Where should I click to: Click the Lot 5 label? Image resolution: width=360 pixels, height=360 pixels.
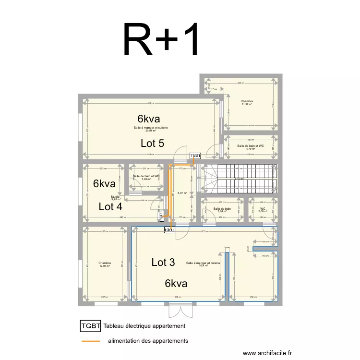[x=153, y=143]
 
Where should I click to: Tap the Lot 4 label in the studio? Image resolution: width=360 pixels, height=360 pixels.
[x=110, y=207]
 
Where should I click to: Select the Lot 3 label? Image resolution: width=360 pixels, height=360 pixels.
[x=163, y=263]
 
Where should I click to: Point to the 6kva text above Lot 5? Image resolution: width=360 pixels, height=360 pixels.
[x=148, y=119]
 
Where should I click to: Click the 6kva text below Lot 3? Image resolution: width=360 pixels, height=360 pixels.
[x=176, y=284]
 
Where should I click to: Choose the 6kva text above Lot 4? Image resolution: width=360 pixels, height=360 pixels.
[x=105, y=184]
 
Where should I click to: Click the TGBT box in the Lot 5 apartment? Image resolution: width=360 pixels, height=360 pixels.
[x=195, y=156]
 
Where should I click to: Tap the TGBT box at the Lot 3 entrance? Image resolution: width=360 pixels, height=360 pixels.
[x=169, y=230]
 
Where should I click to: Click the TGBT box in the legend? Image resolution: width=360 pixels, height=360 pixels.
[x=91, y=326]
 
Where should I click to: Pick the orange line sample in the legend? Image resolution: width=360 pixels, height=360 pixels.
[x=91, y=341]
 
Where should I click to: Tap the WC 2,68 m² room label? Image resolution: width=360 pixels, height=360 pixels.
[x=263, y=210]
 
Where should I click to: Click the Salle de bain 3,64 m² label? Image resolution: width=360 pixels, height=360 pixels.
[x=222, y=210]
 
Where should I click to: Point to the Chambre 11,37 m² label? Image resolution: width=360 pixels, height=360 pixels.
[x=248, y=103]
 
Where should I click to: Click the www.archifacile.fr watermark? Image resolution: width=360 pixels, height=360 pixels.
[x=267, y=353]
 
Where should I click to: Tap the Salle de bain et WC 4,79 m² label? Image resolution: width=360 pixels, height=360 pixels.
[x=251, y=147]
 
